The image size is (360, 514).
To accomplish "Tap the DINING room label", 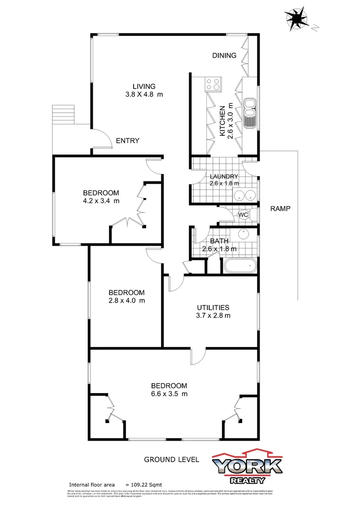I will [224, 55].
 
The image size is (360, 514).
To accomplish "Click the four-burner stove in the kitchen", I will [213, 84].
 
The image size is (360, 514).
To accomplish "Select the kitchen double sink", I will [250, 113].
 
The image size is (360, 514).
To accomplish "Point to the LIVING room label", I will [144, 86].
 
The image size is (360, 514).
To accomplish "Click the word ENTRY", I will [127, 140].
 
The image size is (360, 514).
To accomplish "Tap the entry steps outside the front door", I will [63, 114].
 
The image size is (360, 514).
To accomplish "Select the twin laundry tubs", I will [244, 194].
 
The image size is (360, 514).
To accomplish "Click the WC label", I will [243, 215].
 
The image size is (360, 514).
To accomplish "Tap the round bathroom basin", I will [243, 235].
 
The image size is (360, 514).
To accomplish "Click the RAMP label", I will [280, 208].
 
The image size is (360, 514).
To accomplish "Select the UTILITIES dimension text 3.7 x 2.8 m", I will [214, 315].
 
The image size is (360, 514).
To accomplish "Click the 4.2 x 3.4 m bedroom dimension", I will [101, 201].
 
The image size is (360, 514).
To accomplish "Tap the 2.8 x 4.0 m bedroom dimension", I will [126, 300].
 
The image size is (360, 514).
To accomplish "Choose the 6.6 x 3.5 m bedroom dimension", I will [169, 394].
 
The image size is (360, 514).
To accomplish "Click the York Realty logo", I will [247, 465].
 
